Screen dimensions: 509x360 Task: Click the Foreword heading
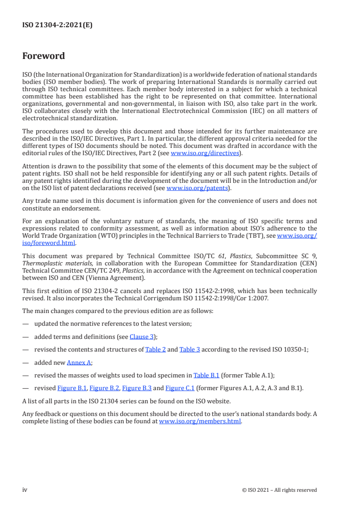pyautogui.click(x=44, y=56)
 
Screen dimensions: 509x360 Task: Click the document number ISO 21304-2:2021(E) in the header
pyautogui.click(x=57, y=25)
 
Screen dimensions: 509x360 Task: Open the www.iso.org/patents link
pyautogui.click(x=198, y=188)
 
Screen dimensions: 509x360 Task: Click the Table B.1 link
pyautogui.click(x=206, y=375)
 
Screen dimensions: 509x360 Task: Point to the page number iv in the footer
pyautogui.click(x=25, y=489)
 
